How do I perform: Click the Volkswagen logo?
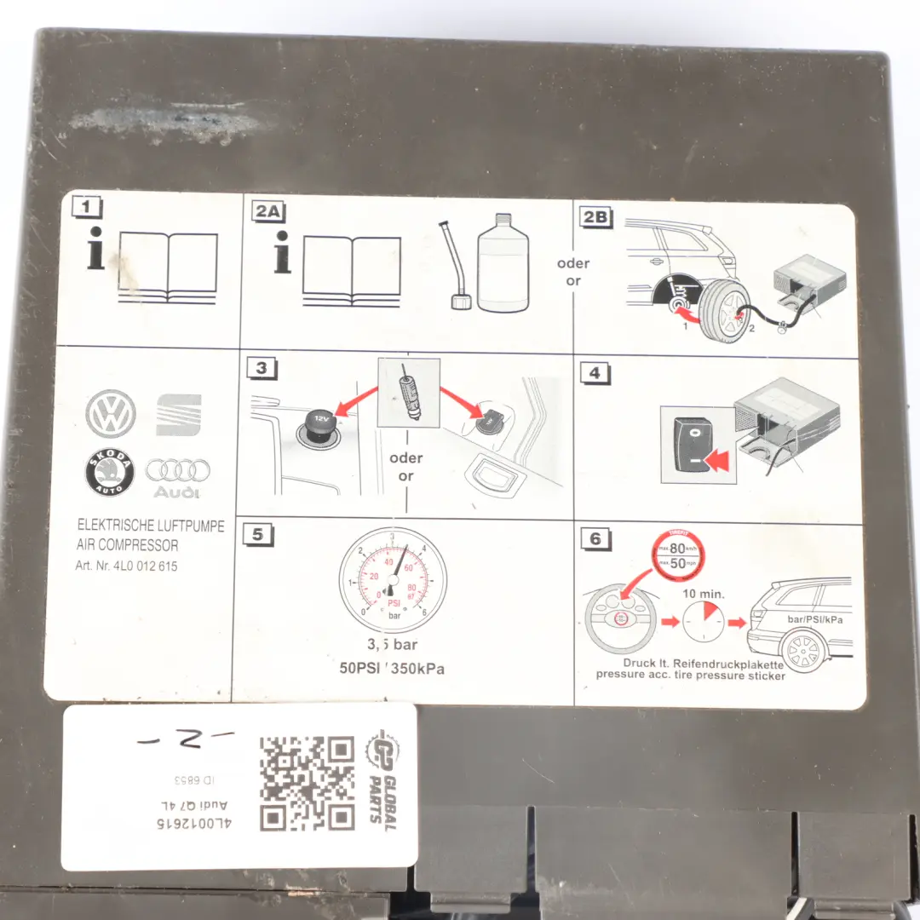coord(111,414)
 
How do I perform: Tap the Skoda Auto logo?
coord(111,472)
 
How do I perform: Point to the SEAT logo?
coord(179,415)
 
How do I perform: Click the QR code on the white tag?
coord(307,783)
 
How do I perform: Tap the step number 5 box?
coord(257,534)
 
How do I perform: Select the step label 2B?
coord(595,216)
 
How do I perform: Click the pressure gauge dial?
coord(392,579)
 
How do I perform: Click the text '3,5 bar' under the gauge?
coord(392,646)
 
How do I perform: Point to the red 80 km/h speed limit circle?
coord(679,548)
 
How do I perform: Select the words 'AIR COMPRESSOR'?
coord(128,545)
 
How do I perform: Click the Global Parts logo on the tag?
coord(381,779)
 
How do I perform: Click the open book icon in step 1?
coord(168,264)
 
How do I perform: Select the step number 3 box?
coord(261,368)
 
